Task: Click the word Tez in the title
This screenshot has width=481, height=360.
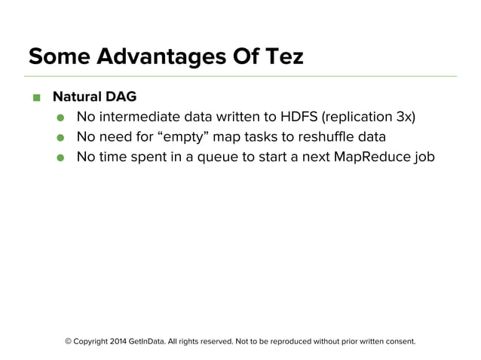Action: tap(283, 56)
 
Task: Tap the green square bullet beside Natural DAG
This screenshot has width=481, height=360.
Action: tap(35, 98)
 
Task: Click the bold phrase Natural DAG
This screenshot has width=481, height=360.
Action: tap(93, 97)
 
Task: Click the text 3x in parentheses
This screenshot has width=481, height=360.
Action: tap(403, 117)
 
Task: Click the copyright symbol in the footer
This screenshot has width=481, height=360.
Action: tap(69, 341)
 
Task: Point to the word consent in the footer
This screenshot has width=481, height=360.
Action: tap(396, 341)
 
